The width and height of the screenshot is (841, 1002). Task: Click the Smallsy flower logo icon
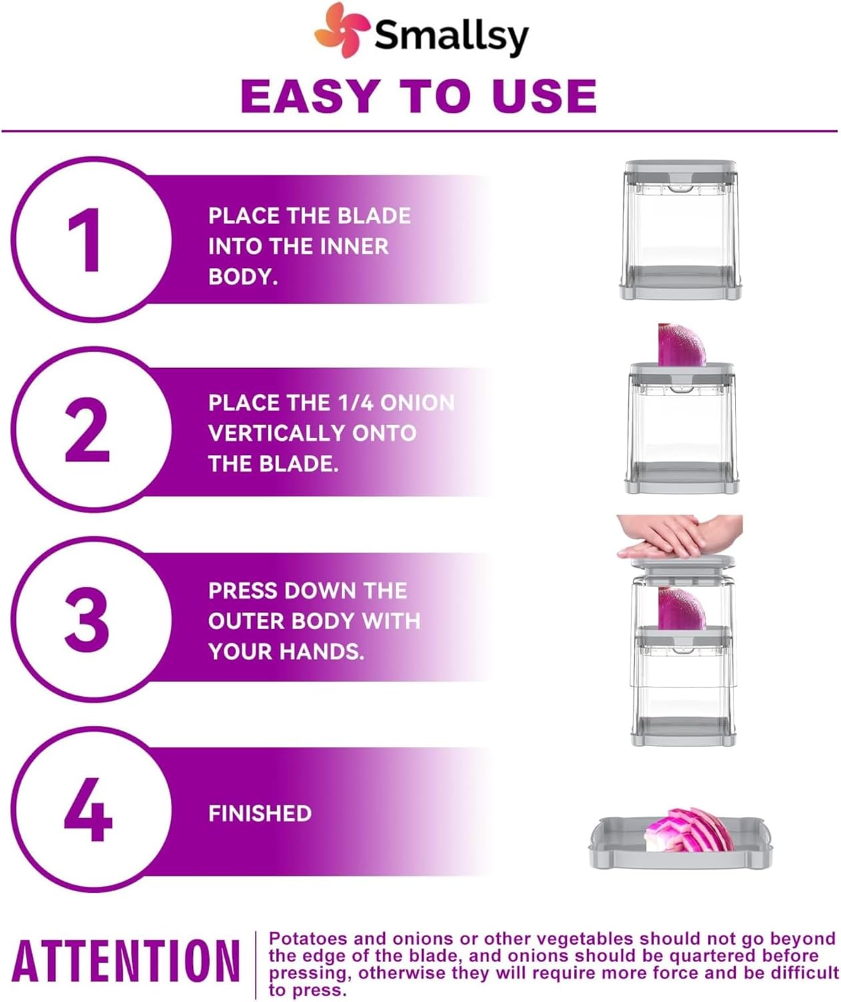(342, 30)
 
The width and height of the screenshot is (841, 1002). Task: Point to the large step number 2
(87, 430)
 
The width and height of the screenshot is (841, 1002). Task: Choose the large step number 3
(87, 619)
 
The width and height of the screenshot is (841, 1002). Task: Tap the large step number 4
(87, 810)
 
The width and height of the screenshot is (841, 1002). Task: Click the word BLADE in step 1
(374, 216)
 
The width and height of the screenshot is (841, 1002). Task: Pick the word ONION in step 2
(417, 403)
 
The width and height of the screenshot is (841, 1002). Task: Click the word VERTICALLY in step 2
(276, 434)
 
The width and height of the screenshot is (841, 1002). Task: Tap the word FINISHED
(260, 814)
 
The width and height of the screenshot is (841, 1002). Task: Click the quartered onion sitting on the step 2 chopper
(681, 345)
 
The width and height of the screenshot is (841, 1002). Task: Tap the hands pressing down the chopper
(679, 536)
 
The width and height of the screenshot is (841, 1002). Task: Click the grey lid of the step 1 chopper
(680, 173)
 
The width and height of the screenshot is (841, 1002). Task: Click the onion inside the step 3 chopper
(682, 609)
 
